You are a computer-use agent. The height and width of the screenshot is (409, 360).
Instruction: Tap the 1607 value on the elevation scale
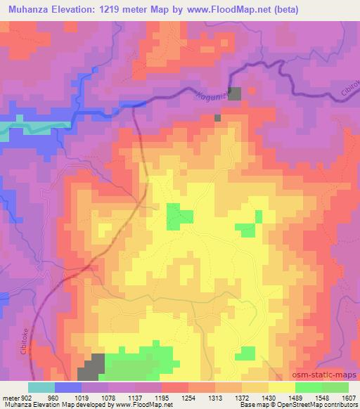click(348, 398)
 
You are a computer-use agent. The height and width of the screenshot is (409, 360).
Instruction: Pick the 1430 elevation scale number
click(268, 398)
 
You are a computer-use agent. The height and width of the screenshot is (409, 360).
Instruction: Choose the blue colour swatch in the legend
click(67, 387)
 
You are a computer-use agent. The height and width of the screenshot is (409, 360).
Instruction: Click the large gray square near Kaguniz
click(234, 93)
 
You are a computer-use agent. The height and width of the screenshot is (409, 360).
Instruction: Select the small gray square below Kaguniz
click(217, 117)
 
